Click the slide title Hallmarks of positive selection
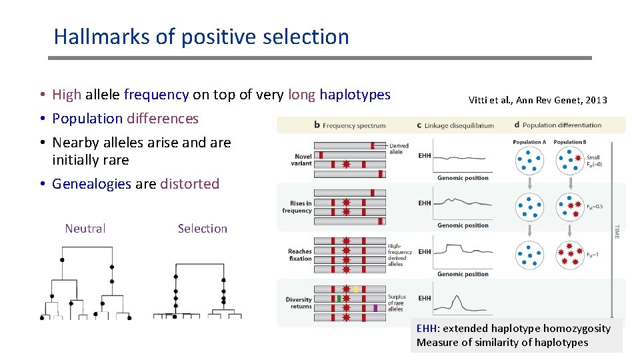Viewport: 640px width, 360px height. pos(201,37)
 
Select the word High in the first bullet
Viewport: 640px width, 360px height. pos(67,95)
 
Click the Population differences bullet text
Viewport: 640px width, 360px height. pos(125,119)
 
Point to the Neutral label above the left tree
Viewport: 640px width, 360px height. pos(85,229)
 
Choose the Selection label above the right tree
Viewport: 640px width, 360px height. pos(203,229)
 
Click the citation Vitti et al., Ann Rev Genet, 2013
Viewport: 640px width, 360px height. pos(537,101)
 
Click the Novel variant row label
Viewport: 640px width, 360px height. pos(301,159)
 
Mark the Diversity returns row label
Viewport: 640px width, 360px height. pos(299,303)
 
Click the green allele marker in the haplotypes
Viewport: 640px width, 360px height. pos(339,299)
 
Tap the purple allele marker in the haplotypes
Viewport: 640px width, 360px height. pos(375,308)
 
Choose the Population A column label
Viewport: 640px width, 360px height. pos(529,142)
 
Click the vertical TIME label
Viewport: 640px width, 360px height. pos(616,231)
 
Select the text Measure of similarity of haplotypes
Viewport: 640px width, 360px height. pos(502,343)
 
